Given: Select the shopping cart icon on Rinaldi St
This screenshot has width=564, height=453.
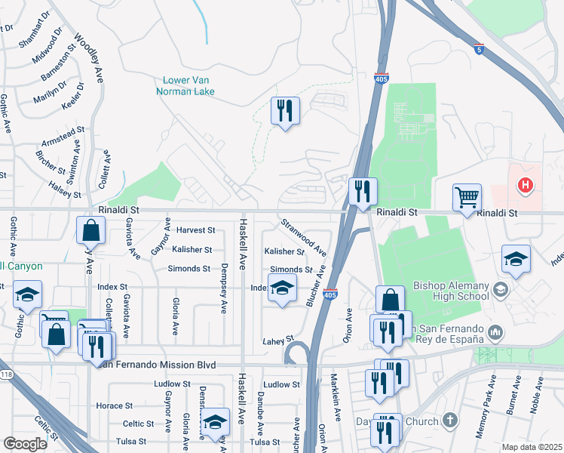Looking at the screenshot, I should point(467,199).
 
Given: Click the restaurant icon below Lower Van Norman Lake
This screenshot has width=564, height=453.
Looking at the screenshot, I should point(285,111).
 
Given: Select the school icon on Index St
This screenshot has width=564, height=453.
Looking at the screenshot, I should point(282,288).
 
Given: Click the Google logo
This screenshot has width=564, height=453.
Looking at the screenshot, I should point(24,443).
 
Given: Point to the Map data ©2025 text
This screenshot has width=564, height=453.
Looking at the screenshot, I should point(531,447).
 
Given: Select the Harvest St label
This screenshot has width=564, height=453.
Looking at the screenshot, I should point(195,230).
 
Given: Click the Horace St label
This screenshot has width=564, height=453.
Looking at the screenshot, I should point(115,405).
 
